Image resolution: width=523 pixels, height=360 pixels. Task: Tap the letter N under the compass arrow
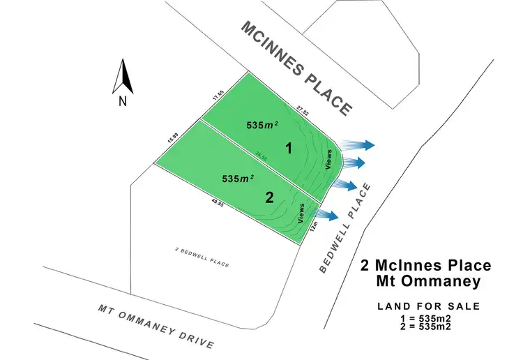[122, 100]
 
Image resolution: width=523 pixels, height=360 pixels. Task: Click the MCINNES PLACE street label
[295, 68]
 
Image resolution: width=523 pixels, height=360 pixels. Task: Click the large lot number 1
[287, 148]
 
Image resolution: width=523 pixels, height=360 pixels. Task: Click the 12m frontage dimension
[315, 225]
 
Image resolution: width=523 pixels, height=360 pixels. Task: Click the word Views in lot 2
[302, 211]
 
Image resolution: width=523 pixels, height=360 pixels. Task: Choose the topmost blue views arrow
[358, 144]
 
